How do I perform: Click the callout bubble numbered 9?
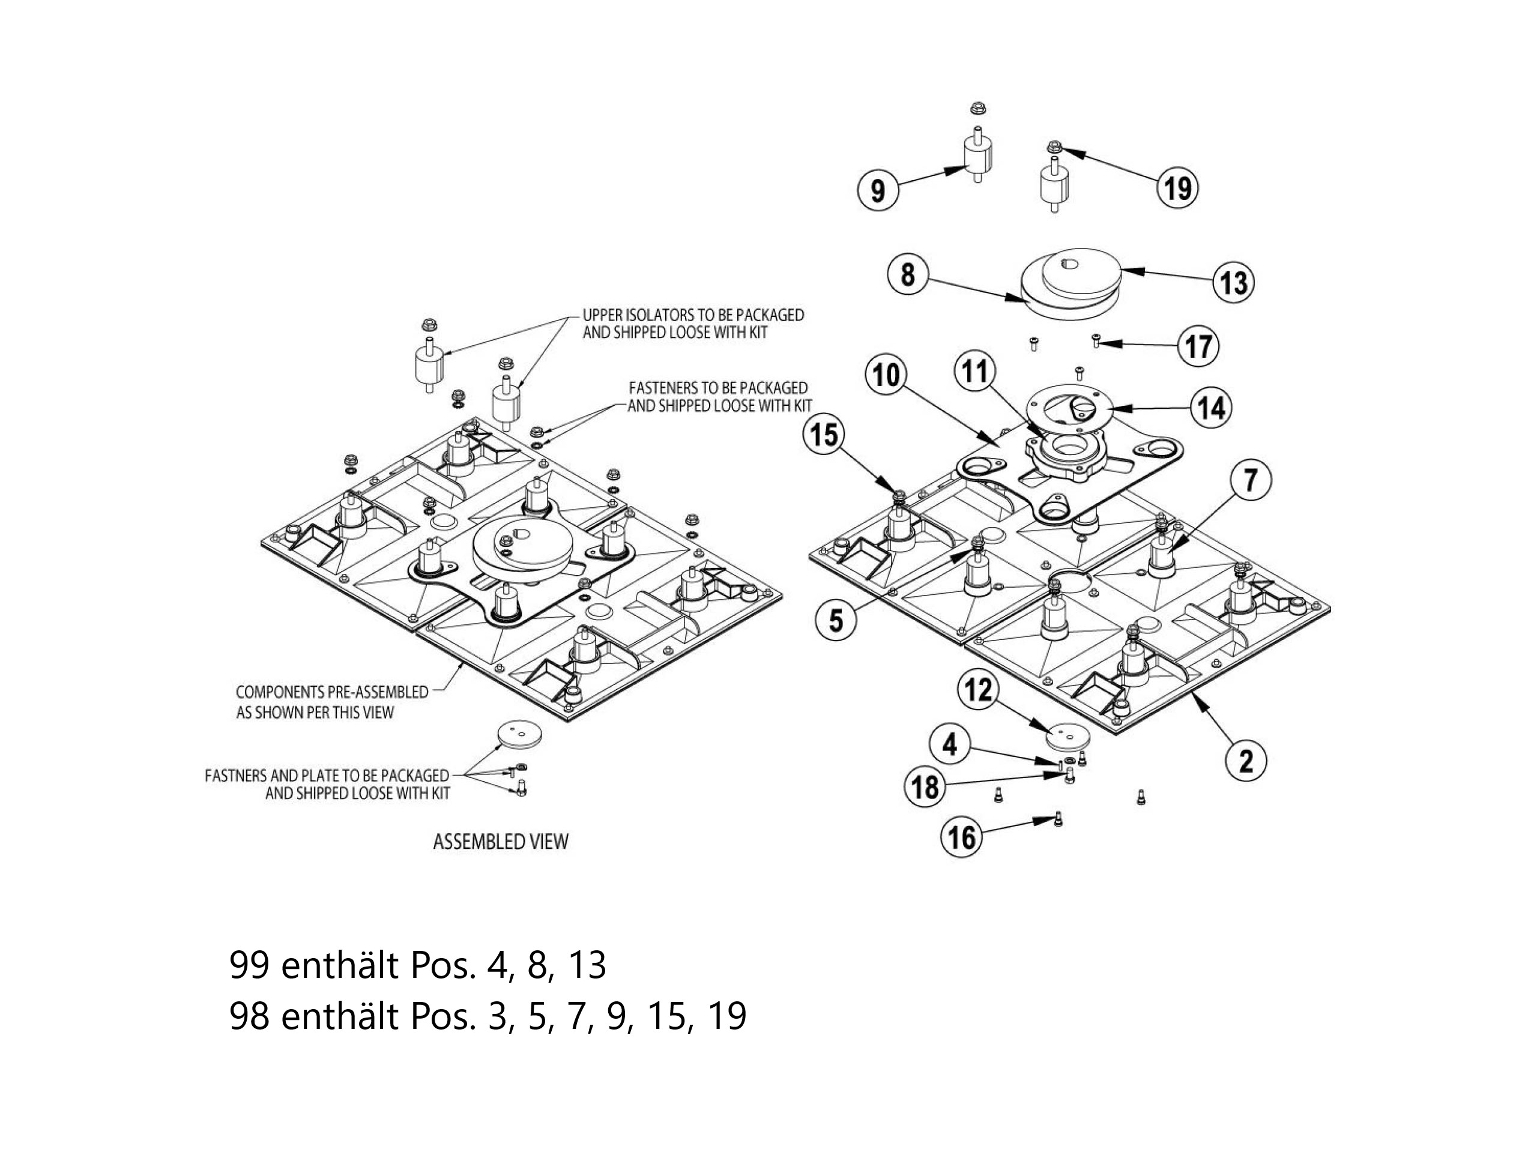[878, 189]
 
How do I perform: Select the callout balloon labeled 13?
[1234, 282]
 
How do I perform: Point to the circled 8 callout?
[907, 274]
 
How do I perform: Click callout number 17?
[1199, 345]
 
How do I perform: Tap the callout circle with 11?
[975, 371]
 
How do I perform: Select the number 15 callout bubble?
[824, 435]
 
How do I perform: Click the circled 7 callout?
[1250, 480]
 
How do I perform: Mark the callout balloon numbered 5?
[836, 620]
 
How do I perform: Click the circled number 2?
[1246, 761]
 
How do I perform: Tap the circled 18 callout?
[925, 787]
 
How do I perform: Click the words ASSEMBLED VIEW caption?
[500, 842]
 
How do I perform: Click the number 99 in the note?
[249, 965]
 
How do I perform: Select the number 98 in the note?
[249, 1017]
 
